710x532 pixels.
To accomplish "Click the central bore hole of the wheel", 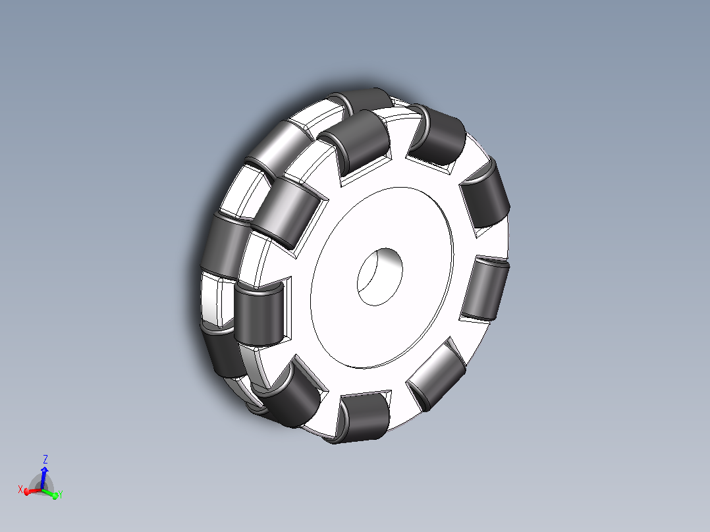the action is tap(379, 277).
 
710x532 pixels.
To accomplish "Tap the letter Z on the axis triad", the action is tap(45, 460).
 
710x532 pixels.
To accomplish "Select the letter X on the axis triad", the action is tap(20, 489).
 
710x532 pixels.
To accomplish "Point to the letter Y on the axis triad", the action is tap(60, 494).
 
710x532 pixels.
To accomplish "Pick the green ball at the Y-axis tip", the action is tap(55, 496).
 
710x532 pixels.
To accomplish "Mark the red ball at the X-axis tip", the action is tap(27, 492).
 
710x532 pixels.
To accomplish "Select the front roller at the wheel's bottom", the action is tap(362, 417).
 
